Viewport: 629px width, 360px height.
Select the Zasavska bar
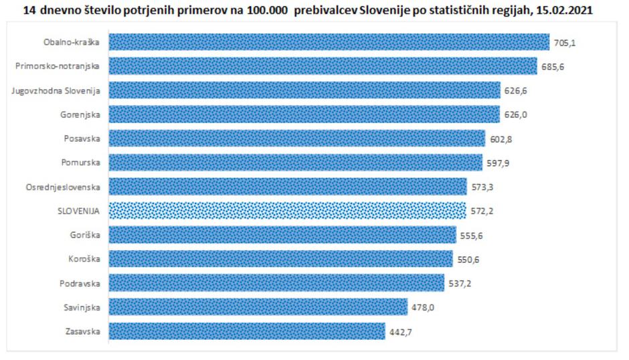click(246, 331)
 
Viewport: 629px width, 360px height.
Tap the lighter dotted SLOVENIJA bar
click(287, 211)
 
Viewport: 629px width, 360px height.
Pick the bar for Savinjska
click(258, 307)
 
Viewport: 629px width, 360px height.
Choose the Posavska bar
click(296, 139)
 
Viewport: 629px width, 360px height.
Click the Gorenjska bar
click(304, 114)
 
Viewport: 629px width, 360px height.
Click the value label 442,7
click(399, 332)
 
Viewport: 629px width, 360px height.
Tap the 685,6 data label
click(551, 67)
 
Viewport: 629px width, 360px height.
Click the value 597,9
click(496, 163)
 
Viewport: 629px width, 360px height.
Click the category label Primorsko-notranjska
click(58, 66)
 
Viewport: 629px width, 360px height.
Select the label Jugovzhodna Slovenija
click(56, 90)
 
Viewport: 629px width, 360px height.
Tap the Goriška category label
click(86, 235)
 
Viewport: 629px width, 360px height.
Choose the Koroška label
click(85, 259)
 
